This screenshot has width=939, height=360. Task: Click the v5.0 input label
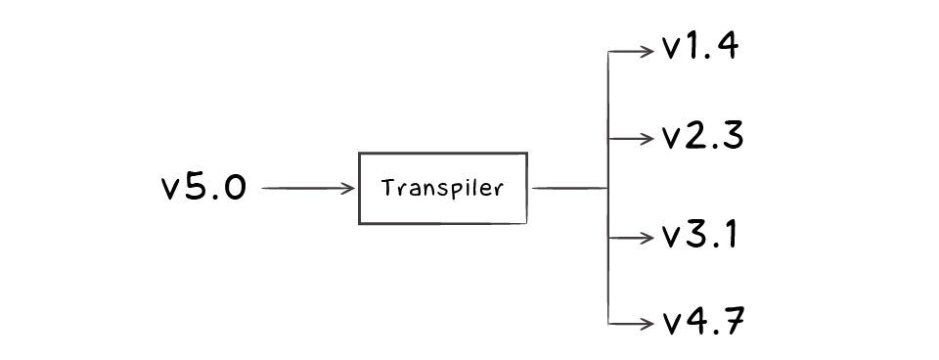click(203, 188)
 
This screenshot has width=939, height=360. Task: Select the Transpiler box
click(443, 188)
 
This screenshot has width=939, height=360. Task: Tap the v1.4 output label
click(698, 49)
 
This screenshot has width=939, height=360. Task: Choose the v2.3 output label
click(702, 137)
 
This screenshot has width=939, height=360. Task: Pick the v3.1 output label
click(698, 237)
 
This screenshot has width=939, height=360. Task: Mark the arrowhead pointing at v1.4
click(647, 51)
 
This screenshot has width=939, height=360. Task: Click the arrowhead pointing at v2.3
click(647, 138)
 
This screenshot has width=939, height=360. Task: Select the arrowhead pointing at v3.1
click(647, 238)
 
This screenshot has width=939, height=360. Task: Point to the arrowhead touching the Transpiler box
click(350, 188)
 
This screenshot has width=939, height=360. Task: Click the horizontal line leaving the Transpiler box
click(567, 188)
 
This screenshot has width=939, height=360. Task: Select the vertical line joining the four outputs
click(608, 188)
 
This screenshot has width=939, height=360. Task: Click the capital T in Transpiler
click(387, 187)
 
